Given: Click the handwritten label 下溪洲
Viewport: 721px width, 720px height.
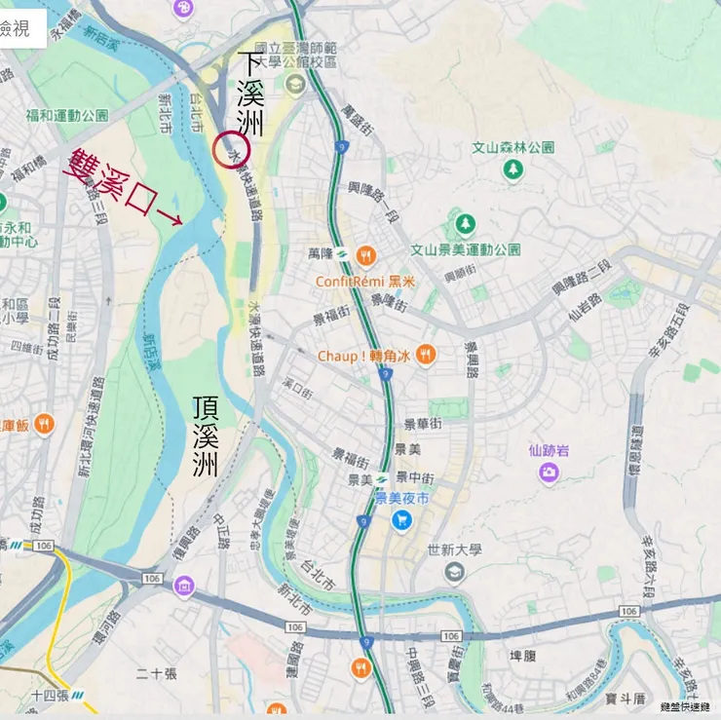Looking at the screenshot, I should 251,94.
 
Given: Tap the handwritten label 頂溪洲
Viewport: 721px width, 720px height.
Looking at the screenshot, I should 206,435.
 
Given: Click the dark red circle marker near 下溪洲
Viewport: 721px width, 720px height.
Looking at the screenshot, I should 232,150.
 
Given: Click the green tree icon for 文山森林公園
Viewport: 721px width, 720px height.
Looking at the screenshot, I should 512,170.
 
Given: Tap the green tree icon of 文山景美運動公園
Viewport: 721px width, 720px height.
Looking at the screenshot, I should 466,225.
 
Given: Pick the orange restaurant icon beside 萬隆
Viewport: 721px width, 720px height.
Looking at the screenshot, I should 365,256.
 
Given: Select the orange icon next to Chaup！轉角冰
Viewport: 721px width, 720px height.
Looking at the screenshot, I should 425,356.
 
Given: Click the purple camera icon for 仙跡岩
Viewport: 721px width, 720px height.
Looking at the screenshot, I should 549,473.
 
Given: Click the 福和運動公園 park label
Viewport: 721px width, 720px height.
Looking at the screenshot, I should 67,115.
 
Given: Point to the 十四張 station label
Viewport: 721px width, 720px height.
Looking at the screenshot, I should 50,696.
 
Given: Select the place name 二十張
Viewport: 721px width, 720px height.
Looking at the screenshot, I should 157,673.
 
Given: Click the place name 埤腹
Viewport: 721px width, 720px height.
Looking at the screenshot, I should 522,657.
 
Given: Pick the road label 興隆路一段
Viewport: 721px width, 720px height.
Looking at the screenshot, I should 375,200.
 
